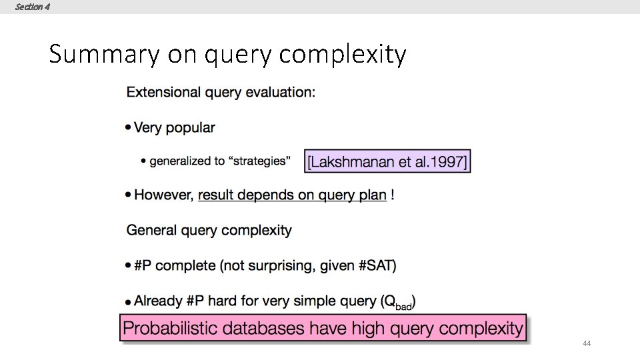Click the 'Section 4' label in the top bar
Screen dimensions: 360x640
(32, 7)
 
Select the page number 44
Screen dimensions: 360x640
(587, 343)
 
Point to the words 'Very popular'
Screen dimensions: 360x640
(175, 127)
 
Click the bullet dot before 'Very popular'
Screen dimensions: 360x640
(128, 128)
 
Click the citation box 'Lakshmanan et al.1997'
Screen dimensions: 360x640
(387, 161)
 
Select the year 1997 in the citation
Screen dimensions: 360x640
(449, 161)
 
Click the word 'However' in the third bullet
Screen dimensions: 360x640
(164, 195)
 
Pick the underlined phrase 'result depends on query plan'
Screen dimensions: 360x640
(292, 195)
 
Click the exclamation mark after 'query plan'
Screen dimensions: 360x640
(393, 195)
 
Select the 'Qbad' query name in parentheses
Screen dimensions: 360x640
(398, 302)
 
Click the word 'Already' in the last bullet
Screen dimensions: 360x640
(159, 301)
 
